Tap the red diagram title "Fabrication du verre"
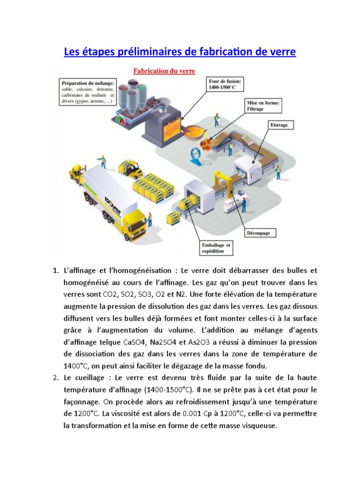click(164, 71)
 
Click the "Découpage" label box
click(258, 232)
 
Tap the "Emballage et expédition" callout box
click(216, 248)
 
